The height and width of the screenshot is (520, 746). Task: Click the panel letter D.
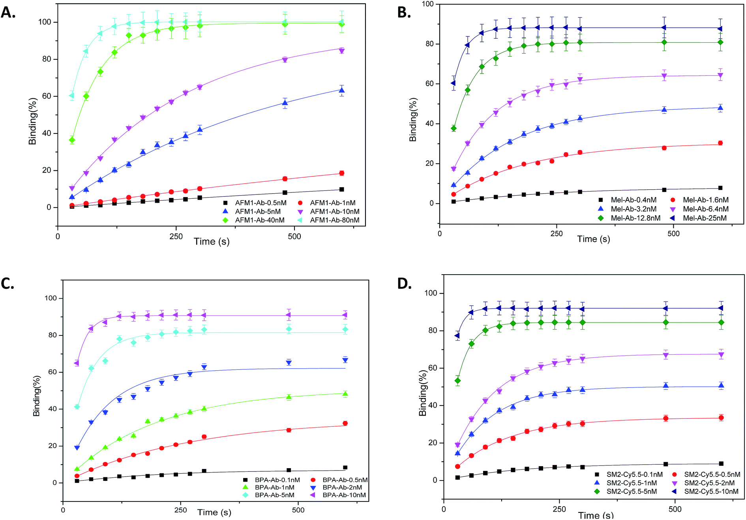[405, 283]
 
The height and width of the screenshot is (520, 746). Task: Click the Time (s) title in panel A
[212, 241]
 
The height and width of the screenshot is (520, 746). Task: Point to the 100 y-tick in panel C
[51, 298]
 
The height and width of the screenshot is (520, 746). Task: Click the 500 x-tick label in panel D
[675, 509]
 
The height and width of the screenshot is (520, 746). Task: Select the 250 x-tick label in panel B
[557, 234]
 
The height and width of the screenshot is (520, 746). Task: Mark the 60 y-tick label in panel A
[47, 96]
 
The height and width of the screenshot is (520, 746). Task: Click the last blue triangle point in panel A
[342, 90]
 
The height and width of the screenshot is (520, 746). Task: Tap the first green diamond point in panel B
[454, 128]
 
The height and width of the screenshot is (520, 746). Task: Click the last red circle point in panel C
[345, 423]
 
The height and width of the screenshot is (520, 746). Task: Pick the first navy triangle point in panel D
[457, 336]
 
